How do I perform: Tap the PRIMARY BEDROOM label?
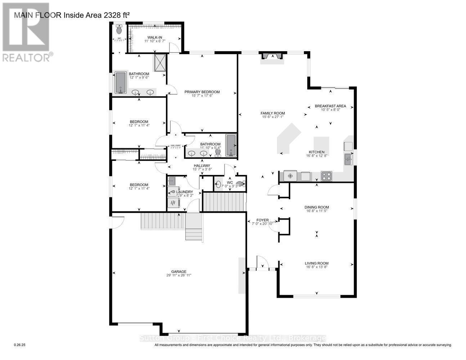point(202,92)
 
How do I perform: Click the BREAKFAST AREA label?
point(330,106)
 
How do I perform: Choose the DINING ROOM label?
point(317,207)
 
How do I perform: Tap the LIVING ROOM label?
point(317,263)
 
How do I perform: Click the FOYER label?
point(262,220)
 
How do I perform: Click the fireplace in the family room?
point(272,56)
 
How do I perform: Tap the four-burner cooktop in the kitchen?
point(326,176)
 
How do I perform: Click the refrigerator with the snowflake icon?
point(290,176)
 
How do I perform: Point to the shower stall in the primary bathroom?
point(160,63)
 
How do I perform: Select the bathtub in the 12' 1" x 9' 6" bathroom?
point(120,83)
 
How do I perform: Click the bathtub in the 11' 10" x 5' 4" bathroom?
point(231,145)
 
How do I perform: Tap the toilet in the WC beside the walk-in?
point(119,30)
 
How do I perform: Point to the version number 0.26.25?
point(19,345)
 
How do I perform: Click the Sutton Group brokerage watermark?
point(233,338)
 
